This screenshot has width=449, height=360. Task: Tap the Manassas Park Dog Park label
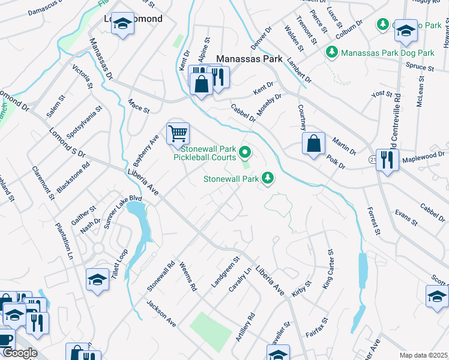pyautogui.click(x=387, y=53)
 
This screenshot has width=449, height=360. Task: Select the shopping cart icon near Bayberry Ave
pyautogui.click(x=178, y=133)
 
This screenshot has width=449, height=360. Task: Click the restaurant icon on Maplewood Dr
pyautogui.click(x=387, y=160)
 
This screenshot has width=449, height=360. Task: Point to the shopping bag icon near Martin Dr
pyautogui.click(x=313, y=143)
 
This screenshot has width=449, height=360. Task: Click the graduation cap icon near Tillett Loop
pyautogui.click(x=97, y=280)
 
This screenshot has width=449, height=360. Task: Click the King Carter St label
pyautogui.click(x=328, y=270)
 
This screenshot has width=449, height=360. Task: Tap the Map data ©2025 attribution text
pyautogui.click(x=423, y=355)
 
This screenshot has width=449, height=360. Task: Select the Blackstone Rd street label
pyautogui.click(x=73, y=178)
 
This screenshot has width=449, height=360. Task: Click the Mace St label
pyautogui.click(x=139, y=107)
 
